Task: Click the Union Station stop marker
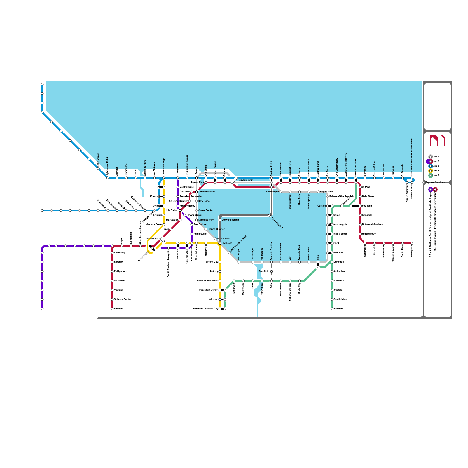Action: (197, 192)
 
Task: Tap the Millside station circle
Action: (220, 243)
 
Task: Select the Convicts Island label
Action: (230, 220)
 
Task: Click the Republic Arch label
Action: (245, 180)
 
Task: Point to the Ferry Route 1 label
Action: (277, 223)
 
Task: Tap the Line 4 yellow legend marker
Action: (430, 171)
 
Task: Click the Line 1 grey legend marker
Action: (430, 157)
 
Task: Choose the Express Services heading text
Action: (435, 182)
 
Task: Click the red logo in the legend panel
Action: (437, 140)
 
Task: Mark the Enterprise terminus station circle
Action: (412, 243)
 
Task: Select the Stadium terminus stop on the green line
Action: (332, 309)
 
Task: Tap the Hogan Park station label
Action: (326, 192)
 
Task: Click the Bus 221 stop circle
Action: (271, 271)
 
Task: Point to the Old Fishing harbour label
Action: (238, 243)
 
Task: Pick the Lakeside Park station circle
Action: (197, 220)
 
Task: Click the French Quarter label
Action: (216, 229)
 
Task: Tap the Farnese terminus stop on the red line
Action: (112, 309)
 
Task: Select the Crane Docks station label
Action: (205, 210)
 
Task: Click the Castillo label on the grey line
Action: (321, 206)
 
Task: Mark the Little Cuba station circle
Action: (180, 211)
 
